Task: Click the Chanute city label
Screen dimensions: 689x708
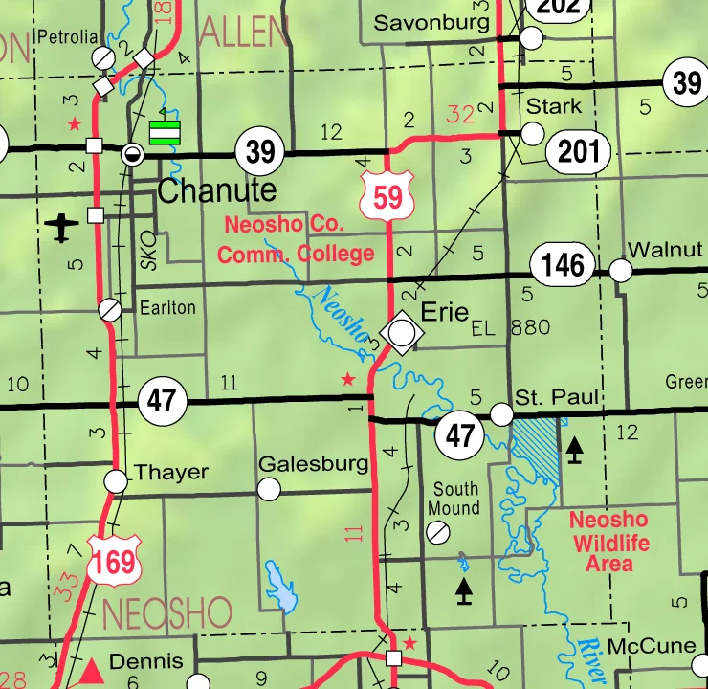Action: [216, 190]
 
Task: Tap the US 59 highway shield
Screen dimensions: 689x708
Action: [387, 195]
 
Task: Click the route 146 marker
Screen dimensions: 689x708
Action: [563, 264]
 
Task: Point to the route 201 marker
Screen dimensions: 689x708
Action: [579, 150]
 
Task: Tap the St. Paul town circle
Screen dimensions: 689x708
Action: [501, 413]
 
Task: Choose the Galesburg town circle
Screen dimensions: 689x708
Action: [270, 489]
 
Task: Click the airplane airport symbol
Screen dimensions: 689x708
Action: [62, 228]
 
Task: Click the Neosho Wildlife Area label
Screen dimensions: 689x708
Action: [608, 543]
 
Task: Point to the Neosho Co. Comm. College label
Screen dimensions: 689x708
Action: [296, 240]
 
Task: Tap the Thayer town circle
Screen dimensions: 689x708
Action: [117, 480]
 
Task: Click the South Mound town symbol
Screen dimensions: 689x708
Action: [438, 531]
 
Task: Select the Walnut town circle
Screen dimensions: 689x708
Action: [621, 271]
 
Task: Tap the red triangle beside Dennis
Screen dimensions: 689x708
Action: [93, 669]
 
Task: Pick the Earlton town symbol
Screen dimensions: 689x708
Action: [110, 309]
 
